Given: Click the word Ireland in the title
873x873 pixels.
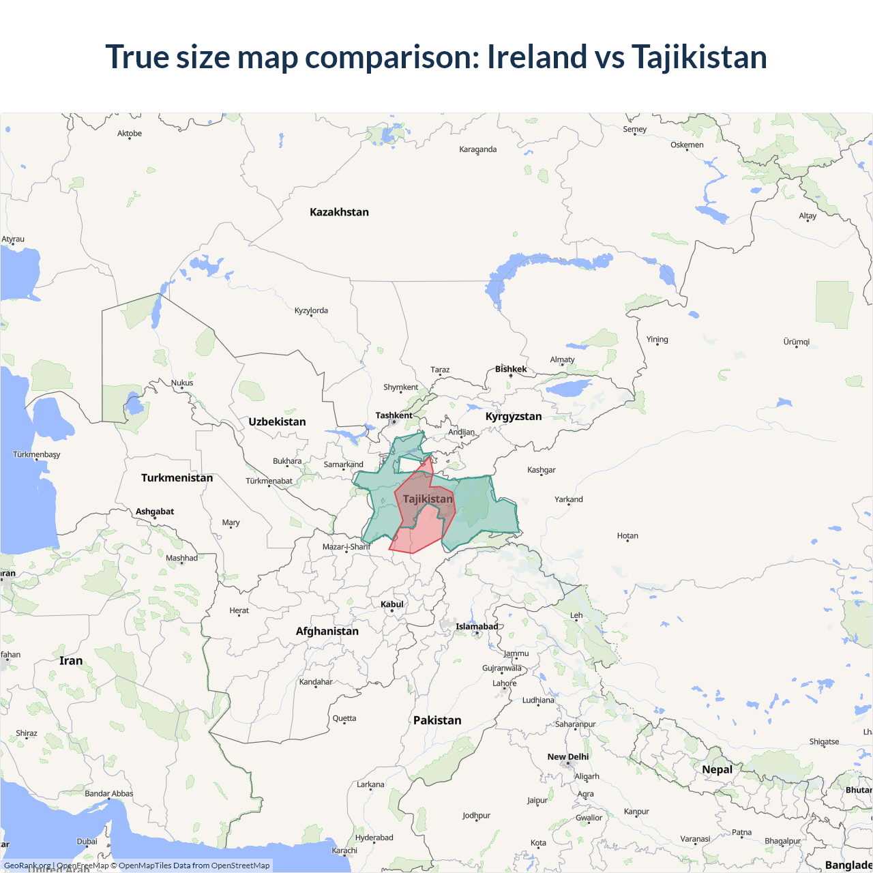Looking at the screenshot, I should [537, 57].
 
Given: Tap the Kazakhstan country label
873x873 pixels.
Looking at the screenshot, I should [339, 212].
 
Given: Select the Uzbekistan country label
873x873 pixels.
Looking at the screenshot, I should [277, 421].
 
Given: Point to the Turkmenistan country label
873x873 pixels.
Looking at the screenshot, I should [177, 477].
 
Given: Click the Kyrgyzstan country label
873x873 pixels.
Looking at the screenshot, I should [514, 416].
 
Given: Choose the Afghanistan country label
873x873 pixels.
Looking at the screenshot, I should [327, 631].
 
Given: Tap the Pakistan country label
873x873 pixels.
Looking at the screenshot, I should [437, 720].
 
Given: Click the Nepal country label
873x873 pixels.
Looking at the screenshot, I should [717, 769].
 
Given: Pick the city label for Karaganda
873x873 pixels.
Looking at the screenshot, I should [477, 149].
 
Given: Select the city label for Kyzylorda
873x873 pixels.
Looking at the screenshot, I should [311, 310].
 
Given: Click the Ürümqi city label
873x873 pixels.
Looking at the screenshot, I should [796, 342].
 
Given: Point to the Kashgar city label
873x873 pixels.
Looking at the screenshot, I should [541, 470].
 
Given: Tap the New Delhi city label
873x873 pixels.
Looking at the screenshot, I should [567, 756].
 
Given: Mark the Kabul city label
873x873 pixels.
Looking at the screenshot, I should [392, 604].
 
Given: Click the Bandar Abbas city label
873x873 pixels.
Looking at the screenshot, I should [108, 793].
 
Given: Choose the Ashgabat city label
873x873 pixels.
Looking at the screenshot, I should [155, 512].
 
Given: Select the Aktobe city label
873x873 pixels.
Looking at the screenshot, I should [130, 134].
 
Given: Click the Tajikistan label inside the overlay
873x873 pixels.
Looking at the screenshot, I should [428, 499].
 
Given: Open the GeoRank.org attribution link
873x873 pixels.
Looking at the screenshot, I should [27, 865].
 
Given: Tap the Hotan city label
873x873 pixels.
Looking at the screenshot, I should [627, 535].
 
